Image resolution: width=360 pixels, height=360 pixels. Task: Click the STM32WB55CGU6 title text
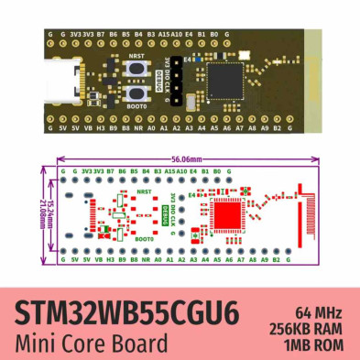[127, 313]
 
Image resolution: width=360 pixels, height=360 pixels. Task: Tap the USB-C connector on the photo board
[65, 80]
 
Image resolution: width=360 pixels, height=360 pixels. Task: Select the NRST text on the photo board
[136, 56]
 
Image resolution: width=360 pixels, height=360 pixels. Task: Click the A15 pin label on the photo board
[164, 34]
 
